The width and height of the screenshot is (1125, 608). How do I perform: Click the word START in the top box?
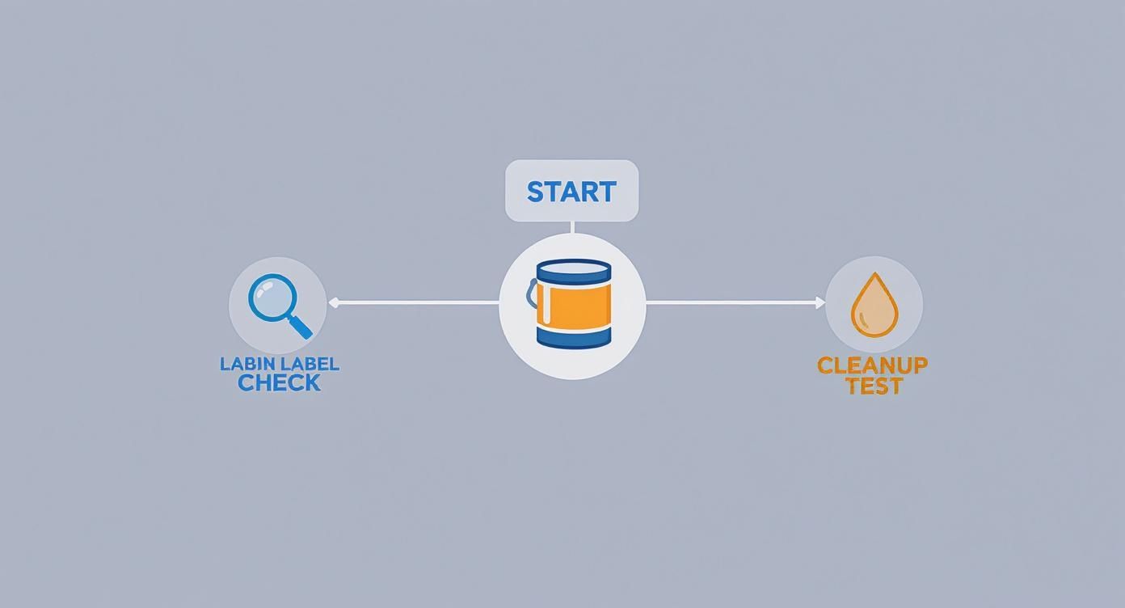(x=571, y=192)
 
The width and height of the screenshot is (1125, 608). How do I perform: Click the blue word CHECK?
(x=279, y=383)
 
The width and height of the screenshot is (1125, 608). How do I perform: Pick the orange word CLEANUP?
(x=872, y=365)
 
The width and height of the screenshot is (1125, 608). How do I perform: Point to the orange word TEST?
(x=874, y=386)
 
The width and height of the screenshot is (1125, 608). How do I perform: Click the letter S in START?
(x=536, y=192)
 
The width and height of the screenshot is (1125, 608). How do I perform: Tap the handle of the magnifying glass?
(x=300, y=326)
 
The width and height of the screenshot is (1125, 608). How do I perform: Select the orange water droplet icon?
(x=874, y=306)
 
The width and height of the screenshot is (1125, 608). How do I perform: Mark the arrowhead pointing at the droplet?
(x=820, y=302)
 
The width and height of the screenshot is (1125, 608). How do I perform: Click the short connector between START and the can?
(x=572, y=227)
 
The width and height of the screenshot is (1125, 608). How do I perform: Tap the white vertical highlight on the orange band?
(x=547, y=305)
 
